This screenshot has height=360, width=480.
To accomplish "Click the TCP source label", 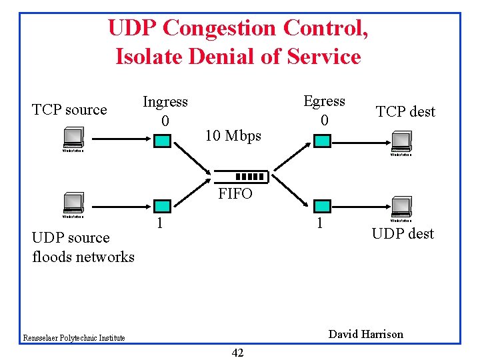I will point(69,110).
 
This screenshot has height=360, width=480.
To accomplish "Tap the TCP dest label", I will point(405,111).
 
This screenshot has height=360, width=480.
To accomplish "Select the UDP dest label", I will point(403,233).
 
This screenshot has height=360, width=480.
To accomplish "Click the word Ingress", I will point(165,102).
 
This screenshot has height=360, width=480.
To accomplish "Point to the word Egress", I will point(324,101).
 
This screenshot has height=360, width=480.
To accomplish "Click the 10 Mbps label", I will point(233,136).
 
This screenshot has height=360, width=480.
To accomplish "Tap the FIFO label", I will point(235,194).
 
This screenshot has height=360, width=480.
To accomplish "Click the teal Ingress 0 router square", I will point(162,141).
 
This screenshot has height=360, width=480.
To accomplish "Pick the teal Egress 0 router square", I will point(323,141).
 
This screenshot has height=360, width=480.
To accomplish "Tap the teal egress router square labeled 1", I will point(323,205).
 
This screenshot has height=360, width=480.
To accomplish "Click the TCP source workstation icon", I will point(73,141).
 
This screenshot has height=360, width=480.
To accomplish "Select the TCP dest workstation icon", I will point(401,143).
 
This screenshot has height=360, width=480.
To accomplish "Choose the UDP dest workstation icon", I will point(401,207).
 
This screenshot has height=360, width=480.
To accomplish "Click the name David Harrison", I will point(366,334).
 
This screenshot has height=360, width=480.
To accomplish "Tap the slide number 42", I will point(237,353).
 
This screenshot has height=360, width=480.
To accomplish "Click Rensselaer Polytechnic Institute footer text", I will point(73,338).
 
